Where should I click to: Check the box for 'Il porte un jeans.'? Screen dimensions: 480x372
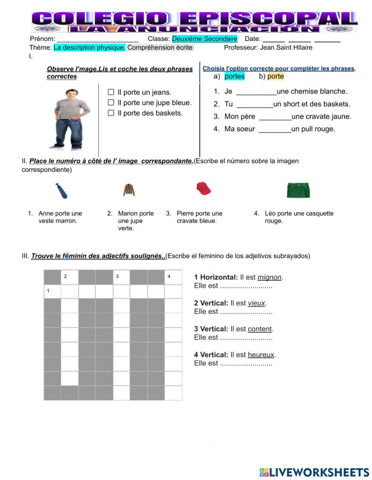[111, 92]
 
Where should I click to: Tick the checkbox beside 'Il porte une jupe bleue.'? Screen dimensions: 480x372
[111, 102]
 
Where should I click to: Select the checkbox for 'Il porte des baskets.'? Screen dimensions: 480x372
[111, 113]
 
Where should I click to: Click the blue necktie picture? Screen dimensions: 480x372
[61, 191]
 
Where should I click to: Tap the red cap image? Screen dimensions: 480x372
[203, 189]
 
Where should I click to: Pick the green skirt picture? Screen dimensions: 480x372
[298, 190]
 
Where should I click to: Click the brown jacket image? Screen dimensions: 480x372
[129, 190]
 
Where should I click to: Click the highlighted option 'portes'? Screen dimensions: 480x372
[234, 76]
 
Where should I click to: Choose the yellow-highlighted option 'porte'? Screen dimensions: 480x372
[275, 76]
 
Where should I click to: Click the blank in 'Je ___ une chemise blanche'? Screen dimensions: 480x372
[256, 91]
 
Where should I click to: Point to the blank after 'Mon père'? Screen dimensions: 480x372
[275, 117]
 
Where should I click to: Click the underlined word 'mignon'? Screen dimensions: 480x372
[269, 277]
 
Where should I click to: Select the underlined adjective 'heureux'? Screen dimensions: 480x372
[261, 355]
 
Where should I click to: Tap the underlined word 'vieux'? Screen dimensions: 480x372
[256, 303]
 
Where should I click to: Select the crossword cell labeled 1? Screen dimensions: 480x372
[52, 291]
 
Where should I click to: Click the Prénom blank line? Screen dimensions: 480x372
[97, 39]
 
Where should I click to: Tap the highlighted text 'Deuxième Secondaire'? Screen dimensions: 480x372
[204, 39]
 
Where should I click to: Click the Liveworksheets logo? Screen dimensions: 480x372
[314, 472]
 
